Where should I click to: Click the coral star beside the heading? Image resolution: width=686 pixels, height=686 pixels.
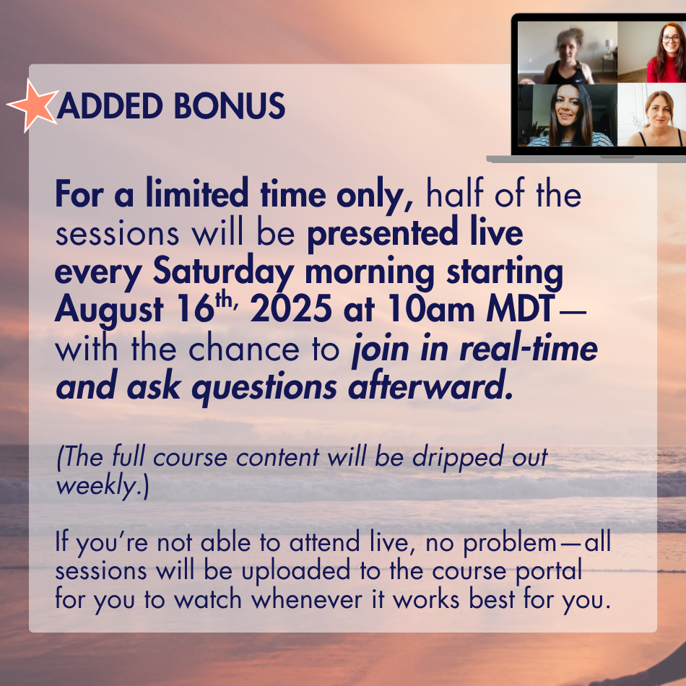coord(32,105)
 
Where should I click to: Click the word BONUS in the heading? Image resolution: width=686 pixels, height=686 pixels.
coord(229,106)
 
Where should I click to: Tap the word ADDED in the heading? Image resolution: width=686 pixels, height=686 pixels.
coord(110,106)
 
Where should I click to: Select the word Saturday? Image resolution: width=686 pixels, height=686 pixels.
coord(223,272)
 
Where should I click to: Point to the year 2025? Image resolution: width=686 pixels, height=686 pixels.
coord(291,309)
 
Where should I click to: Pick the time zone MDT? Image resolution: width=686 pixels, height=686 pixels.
coord(521,309)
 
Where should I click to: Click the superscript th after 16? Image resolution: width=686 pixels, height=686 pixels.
coord(224,300)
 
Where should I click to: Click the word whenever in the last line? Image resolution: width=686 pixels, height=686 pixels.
coord(306,599)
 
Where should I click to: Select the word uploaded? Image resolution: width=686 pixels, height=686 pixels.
coord(296,572)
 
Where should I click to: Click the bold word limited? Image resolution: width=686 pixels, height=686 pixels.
coord(197,193)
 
